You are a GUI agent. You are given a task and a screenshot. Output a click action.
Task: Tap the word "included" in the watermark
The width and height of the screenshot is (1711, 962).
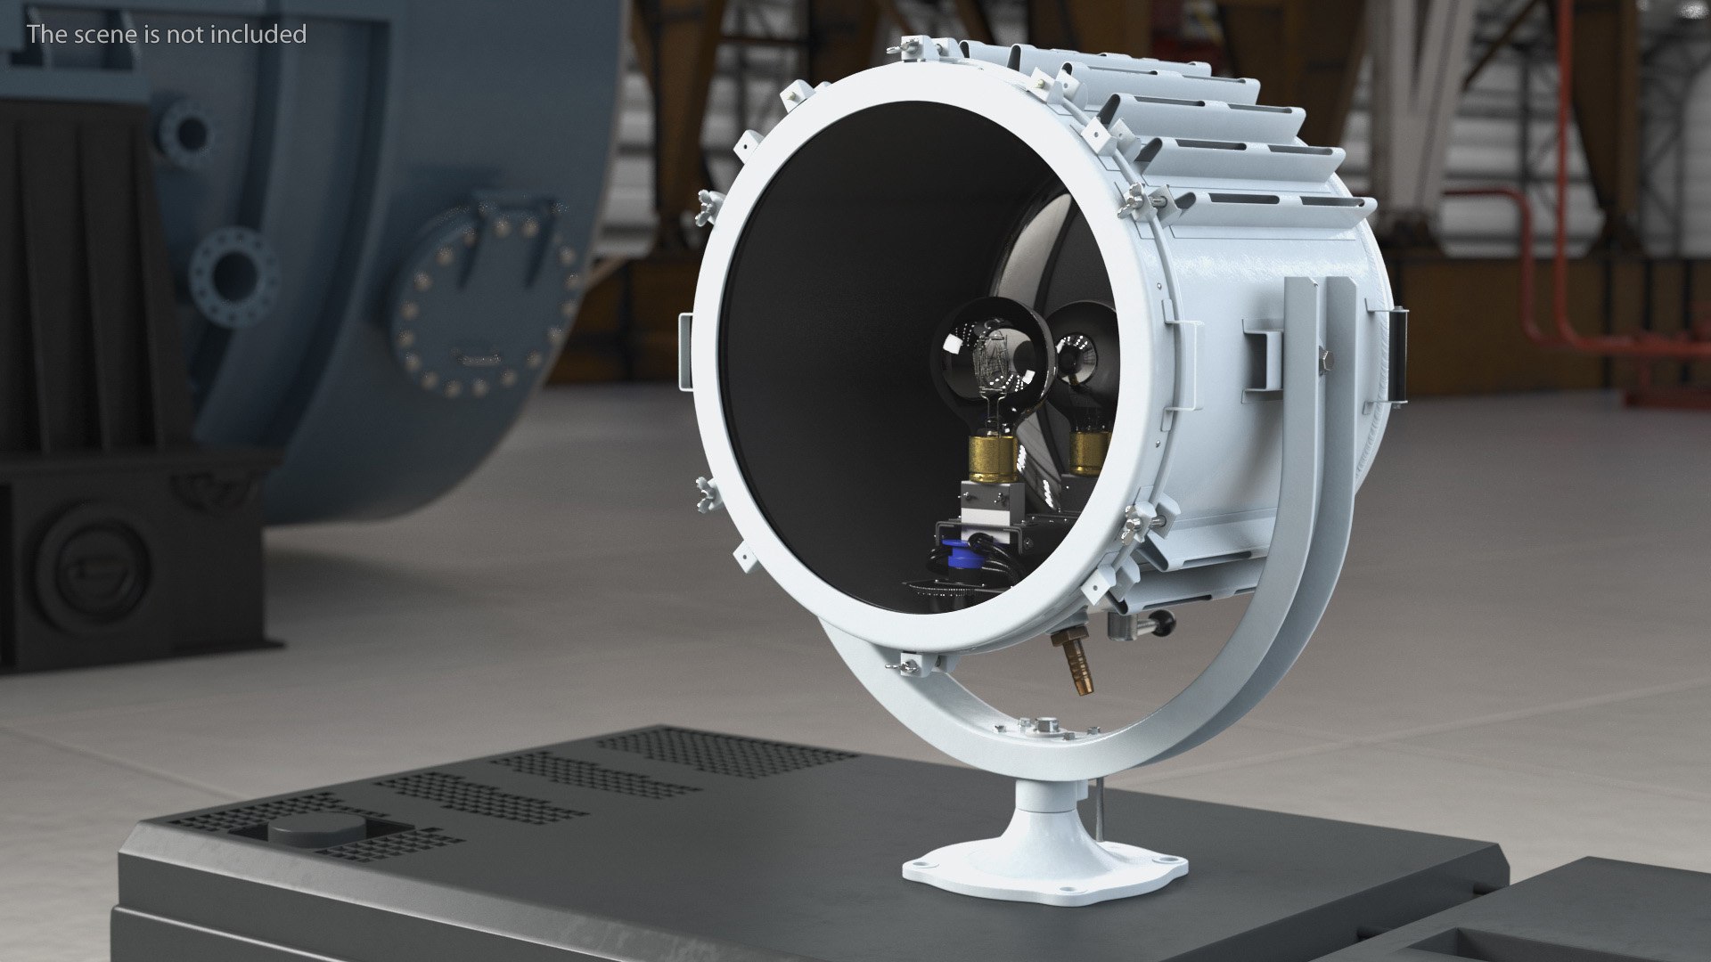coord(260,35)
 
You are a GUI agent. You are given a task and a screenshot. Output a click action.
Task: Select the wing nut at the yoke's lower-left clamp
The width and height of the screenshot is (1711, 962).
coord(910,663)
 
